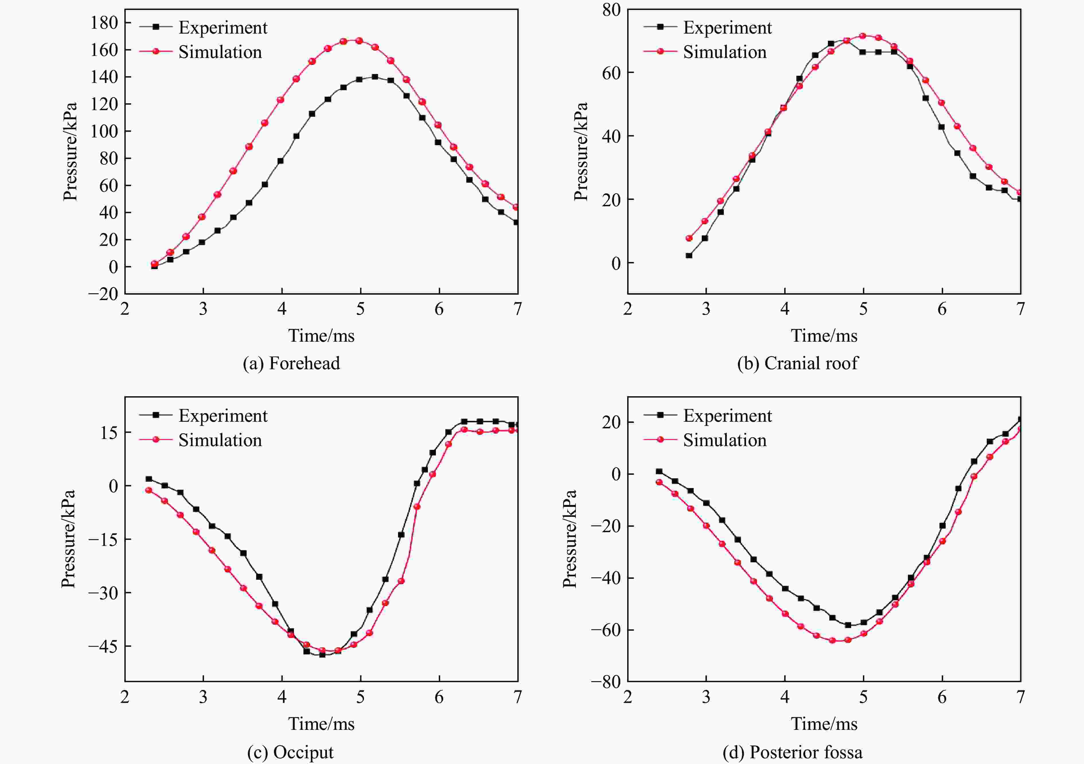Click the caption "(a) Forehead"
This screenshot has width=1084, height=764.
291,363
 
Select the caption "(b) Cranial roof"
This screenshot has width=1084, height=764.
798,363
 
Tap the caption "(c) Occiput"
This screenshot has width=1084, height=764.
290,752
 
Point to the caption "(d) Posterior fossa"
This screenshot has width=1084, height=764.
792,752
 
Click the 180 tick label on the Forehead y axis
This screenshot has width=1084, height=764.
104,22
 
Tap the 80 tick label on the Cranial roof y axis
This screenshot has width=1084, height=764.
611,9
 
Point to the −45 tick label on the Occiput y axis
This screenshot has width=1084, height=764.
103,646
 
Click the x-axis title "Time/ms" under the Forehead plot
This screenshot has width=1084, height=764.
321,336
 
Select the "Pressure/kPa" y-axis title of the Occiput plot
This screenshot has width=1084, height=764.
69,539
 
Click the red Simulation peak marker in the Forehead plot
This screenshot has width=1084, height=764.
359,41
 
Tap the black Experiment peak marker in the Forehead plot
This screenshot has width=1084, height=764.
375,77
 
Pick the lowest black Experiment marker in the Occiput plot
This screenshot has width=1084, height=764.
322,654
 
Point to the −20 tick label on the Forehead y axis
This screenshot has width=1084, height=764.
103,294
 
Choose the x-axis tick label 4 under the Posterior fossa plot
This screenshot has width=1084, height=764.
785,697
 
